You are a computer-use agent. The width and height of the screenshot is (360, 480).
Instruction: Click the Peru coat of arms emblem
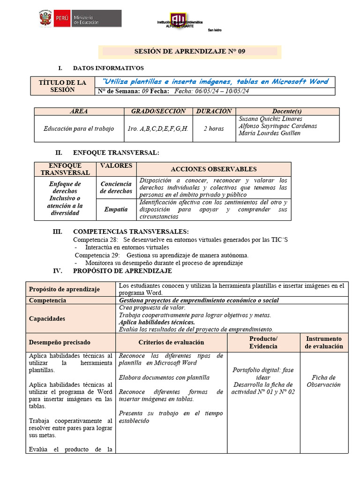pos(46,19)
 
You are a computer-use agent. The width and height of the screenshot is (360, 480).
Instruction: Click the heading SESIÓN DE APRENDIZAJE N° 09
pos(190,52)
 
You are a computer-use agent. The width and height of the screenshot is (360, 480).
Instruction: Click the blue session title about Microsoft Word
pos(215,82)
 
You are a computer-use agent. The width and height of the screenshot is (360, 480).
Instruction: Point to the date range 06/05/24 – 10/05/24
pos(218,91)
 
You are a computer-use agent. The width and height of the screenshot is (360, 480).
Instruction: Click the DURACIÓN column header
pos(214,112)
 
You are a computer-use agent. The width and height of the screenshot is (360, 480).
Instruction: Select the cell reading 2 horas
pos(214,128)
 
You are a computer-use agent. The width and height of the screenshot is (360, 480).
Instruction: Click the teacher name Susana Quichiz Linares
pos(270,119)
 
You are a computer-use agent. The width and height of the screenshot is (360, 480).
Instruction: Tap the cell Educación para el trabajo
pos(79,128)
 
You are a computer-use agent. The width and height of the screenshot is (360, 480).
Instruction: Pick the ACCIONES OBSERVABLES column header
pos(213,169)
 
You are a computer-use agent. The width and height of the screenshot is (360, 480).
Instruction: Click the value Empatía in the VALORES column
pos(116,210)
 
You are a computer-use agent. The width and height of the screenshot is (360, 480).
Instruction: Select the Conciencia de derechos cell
pos(116,187)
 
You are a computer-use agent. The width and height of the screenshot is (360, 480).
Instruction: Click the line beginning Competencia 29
pos(161,255)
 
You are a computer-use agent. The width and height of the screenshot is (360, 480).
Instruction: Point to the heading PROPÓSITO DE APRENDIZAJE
pos(122,271)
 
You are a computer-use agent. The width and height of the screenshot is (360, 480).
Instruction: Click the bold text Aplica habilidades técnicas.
pos(157,322)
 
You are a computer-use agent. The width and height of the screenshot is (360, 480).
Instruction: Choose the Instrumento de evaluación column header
pos(324,343)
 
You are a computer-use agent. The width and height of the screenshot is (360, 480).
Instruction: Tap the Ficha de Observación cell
pos(324,381)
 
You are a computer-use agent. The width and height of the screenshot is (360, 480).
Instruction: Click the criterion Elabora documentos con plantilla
pos(164,377)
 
